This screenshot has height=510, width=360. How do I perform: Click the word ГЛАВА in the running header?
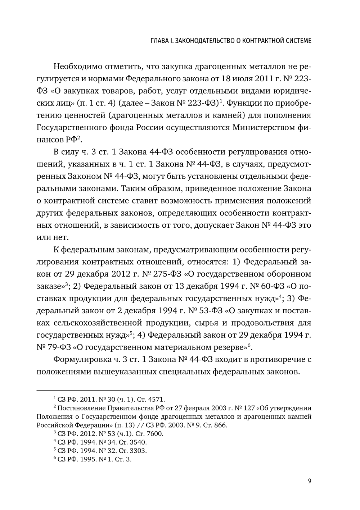160,41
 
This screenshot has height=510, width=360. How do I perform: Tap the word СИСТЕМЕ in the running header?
297,41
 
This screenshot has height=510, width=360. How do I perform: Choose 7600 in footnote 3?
156,434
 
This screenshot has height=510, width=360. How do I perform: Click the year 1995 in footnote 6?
84,459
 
